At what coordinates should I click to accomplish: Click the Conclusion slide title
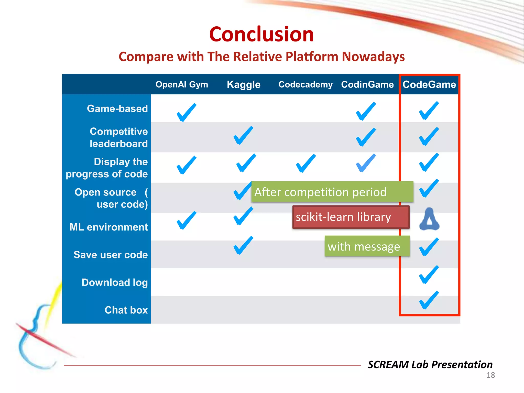coord(261,34)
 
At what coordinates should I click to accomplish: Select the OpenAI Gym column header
coord(182,84)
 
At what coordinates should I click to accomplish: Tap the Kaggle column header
coord(244,84)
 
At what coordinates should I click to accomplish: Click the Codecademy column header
coord(305,84)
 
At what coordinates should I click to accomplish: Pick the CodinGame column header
coord(367,84)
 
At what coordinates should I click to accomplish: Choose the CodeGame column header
coord(429,84)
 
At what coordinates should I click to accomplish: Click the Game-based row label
coord(117,108)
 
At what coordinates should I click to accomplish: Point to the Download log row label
coord(115,282)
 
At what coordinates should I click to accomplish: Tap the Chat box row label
coord(126,310)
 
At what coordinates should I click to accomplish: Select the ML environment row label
coord(109,227)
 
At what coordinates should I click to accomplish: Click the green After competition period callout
coord(332,192)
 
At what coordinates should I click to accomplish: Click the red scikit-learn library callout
coord(351,217)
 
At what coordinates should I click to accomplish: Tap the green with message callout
coord(367,247)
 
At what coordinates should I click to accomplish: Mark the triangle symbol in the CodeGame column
coord(429,220)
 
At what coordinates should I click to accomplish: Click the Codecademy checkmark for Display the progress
coord(305,164)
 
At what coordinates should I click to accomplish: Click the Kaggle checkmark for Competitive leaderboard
coord(243,136)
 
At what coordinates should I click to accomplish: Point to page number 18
coord(490,375)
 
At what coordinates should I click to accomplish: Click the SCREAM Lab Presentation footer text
coord(430,364)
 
